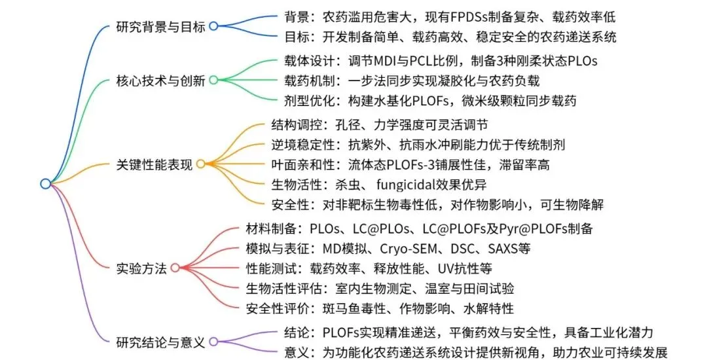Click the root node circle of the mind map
(x=45, y=184)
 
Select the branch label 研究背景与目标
(x=160, y=26)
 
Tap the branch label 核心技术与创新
(x=160, y=81)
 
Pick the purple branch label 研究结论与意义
(x=160, y=342)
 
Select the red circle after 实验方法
(x=174, y=268)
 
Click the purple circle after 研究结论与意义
(x=213, y=342)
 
